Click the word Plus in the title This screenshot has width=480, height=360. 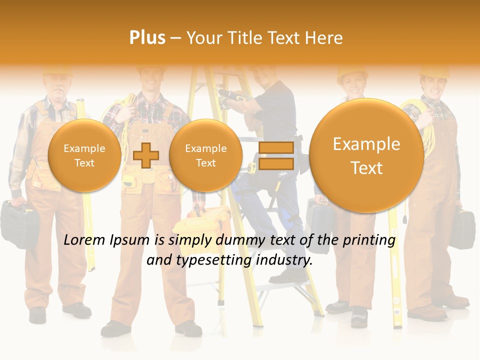[147, 38]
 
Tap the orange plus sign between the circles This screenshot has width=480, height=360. [146, 155]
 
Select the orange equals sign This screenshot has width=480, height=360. [276, 155]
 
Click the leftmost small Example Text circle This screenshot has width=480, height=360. [84, 155]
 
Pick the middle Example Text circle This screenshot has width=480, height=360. [206, 155]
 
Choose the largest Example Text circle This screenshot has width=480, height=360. [366, 155]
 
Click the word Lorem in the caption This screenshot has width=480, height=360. [84, 240]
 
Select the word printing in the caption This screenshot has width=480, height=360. [369, 240]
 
